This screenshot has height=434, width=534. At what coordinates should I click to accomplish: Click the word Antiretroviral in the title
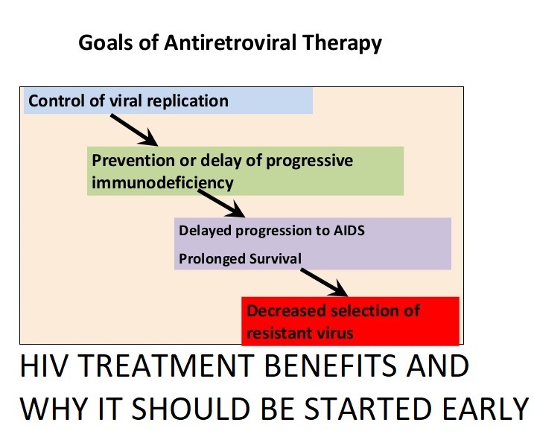coord(230,43)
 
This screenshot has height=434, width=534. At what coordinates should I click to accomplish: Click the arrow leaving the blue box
coord(134,130)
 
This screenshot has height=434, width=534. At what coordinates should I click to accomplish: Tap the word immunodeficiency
coord(163,183)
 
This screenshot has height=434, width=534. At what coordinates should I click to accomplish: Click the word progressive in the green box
coord(310,161)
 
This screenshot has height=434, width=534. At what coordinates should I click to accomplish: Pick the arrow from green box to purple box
coord(221,203)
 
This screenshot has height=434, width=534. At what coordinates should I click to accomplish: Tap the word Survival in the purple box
coord(275,258)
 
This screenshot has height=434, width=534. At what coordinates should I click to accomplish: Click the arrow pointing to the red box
coord(324,283)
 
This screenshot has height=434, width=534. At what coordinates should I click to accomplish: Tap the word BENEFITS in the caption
coord(331,366)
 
